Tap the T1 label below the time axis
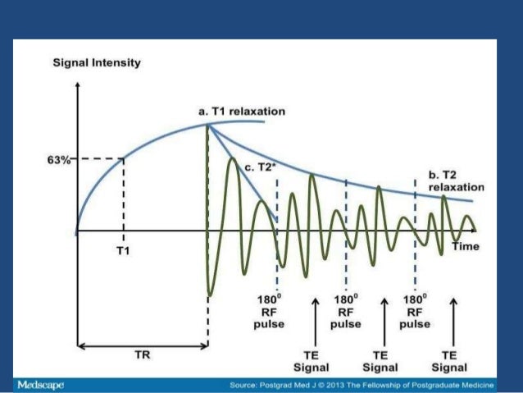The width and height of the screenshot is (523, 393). [x=122, y=250]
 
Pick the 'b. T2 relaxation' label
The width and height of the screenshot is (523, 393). [x=457, y=181]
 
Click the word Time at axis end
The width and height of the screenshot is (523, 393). [x=466, y=245]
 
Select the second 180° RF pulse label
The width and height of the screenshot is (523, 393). [x=346, y=311]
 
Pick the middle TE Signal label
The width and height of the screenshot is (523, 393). [x=384, y=361]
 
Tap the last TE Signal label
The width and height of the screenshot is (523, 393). [x=453, y=361]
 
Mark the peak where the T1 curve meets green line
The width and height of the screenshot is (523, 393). [x=208, y=124]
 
